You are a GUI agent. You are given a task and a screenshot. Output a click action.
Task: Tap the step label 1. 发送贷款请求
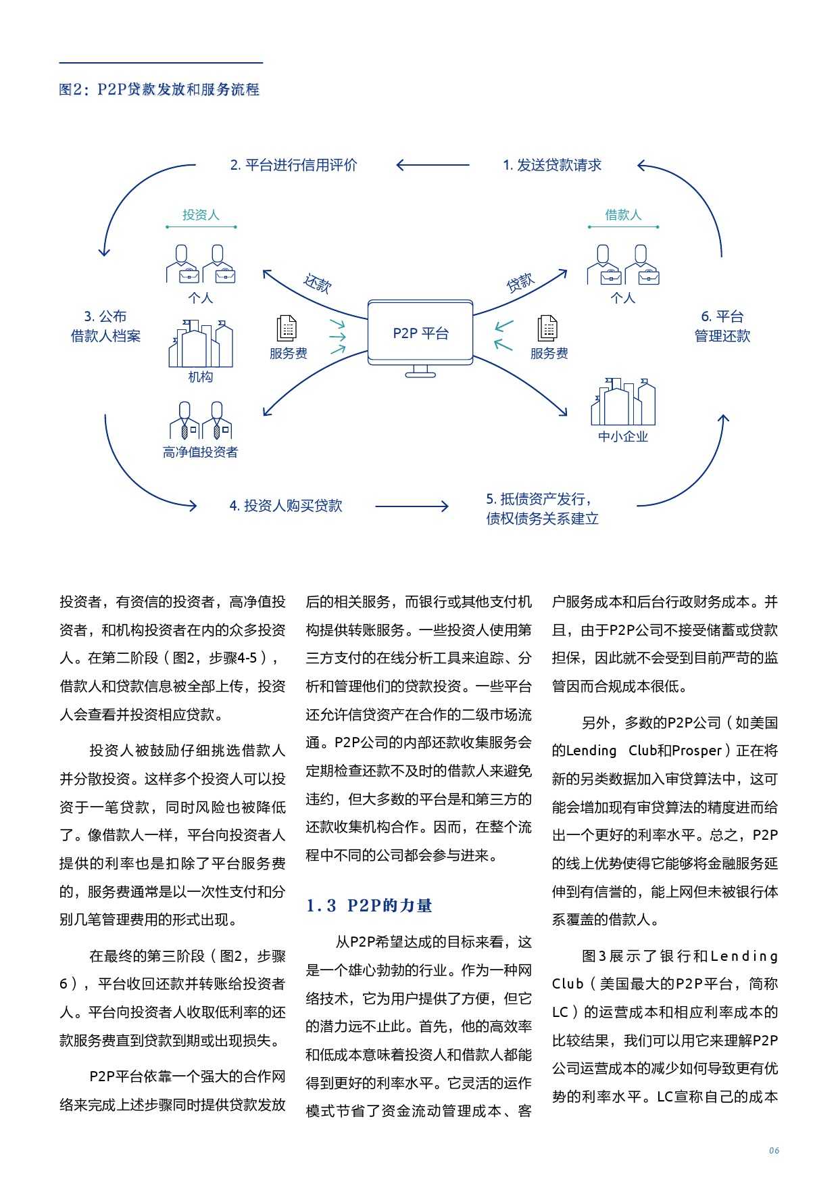pos(552,165)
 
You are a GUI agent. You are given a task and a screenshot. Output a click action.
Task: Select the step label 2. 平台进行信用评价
pos(293,165)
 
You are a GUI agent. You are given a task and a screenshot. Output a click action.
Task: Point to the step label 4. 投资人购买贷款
pos(286,506)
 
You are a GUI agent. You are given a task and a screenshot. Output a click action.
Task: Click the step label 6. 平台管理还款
pos(722,326)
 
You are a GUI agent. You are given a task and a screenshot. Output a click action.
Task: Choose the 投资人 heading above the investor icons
pos(201,215)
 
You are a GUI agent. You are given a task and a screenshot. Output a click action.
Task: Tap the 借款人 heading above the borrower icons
pos(622,215)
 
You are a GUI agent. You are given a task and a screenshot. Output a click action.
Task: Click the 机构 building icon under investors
pos(201,343)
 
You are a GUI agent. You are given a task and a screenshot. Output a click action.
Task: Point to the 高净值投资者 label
pos(201,452)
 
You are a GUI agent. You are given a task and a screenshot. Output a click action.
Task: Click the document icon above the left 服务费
pos(287,329)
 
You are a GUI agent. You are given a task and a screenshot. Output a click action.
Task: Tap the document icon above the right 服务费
pos(547,329)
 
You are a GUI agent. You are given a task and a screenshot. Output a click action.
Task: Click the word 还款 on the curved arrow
pos(317,283)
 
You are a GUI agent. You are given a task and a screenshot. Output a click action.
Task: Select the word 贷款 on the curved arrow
pos(520,283)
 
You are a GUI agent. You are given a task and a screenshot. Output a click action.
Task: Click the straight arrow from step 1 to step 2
pos(433,165)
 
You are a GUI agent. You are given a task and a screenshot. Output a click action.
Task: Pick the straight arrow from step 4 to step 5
pos(411,506)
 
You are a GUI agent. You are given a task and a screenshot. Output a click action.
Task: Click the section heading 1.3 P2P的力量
pos(369,905)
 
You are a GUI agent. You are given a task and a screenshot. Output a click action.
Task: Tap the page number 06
pos(774,1151)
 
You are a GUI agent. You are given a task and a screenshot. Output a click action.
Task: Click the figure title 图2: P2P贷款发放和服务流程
pos(159,89)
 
